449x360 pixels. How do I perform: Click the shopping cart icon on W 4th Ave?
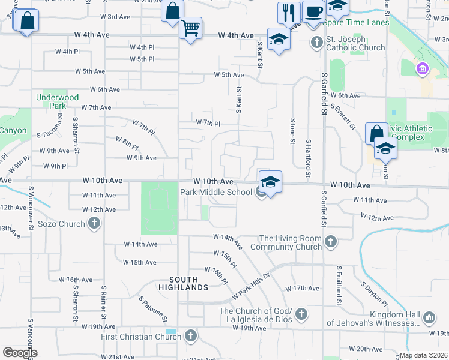(x=191, y=27)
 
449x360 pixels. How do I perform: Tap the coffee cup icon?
(x=313, y=11)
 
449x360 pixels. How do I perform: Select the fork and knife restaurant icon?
(x=289, y=12)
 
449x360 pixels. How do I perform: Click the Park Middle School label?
(x=217, y=192)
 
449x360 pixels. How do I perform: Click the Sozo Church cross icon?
(x=94, y=224)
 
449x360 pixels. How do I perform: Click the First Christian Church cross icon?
(x=191, y=335)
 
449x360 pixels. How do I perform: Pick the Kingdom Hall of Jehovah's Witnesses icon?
(x=429, y=317)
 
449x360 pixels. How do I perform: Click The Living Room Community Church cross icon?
(x=330, y=242)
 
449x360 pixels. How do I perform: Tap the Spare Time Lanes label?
(x=356, y=23)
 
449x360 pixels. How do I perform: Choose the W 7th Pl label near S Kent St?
(x=209, y=123)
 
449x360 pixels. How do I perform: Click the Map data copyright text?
(x=424, y=355)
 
